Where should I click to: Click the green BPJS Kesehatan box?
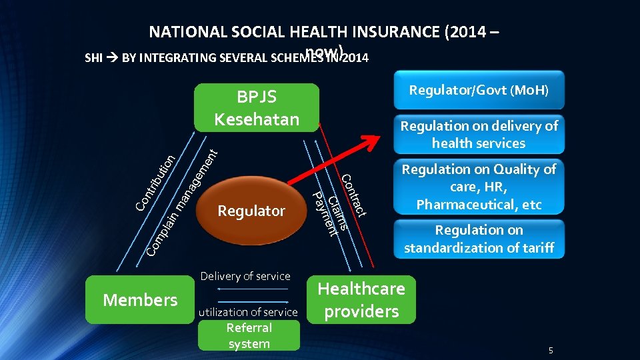(257, 107)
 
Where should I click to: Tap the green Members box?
(140, 300)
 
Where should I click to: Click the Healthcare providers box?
(361, 299)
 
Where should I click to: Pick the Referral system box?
(249, 336)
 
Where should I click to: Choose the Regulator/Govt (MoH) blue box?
(479, 89)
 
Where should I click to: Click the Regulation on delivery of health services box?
(479, 134)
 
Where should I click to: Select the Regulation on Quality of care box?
(479, 187)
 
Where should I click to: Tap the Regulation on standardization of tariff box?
(479, 239)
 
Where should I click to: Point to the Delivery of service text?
(245, 276)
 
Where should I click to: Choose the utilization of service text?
(248, 312)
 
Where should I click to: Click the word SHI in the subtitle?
(94, 58)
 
